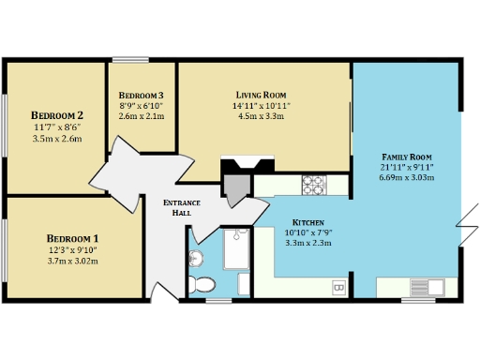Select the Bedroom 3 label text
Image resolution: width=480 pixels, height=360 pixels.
(142, 96)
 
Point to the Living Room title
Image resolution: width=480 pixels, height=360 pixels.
(261, 95)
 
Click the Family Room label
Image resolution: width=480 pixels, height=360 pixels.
(406, 156)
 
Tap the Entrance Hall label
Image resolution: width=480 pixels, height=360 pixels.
(177, 208)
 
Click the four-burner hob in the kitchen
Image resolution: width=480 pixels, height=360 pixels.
(312, 184)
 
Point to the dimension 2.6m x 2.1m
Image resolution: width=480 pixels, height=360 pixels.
(142, 117)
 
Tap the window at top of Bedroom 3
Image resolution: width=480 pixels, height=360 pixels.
(129, 61)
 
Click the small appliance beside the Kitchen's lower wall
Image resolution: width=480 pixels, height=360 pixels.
(339, 285)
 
